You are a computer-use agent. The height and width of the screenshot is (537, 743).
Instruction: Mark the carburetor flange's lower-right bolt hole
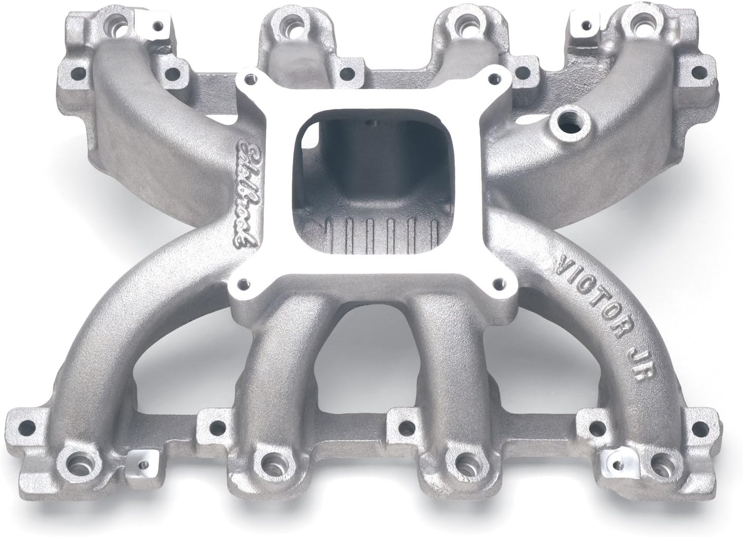pos(500,280)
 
